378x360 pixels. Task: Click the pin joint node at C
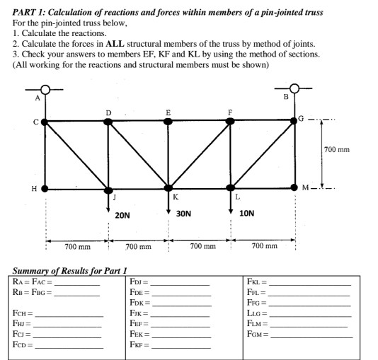(45, 122)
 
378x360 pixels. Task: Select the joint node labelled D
(108, 122)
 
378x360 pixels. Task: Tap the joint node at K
(168, 189)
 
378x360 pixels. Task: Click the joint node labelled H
(45, 189)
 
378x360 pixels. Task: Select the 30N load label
(184, 213)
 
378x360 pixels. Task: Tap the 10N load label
(247, 213)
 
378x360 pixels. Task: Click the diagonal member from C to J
(76, 156)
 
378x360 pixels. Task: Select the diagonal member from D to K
(138, 156)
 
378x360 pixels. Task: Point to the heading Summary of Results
(69, 270)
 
